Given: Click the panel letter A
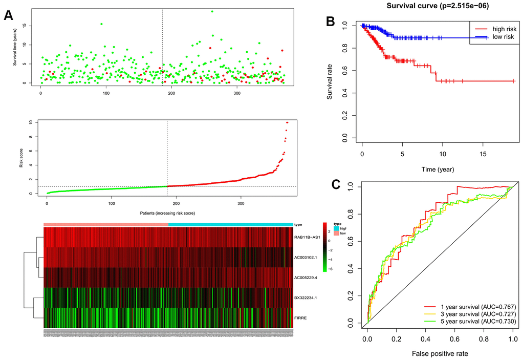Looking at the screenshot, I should [8, 15].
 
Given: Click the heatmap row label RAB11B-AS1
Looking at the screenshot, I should [307, 237].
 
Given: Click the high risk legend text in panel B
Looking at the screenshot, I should [499, 29].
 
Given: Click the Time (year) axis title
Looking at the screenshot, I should [434, 168].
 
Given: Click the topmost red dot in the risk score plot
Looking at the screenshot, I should [287, 122].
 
